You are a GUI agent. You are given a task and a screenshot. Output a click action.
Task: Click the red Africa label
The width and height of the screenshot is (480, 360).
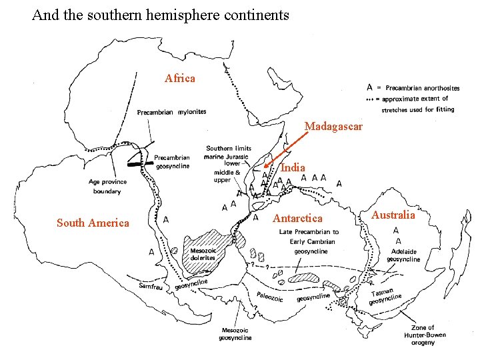180,79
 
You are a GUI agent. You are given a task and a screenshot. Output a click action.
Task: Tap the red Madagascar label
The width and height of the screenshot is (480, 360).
333,126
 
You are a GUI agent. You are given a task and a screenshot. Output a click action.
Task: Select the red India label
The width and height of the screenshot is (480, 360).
293,168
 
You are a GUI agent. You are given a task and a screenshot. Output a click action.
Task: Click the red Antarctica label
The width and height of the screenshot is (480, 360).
297,219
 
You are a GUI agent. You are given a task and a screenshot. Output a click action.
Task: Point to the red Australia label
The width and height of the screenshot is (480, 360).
393,215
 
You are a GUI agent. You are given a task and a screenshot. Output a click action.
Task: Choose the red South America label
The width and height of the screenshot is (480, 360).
93,223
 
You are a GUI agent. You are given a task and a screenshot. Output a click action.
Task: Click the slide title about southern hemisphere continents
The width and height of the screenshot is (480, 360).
161,14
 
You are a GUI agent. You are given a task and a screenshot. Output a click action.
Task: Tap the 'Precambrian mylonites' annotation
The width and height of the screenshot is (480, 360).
171,112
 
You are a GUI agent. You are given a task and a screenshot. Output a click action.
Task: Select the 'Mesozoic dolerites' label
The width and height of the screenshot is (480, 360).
203,254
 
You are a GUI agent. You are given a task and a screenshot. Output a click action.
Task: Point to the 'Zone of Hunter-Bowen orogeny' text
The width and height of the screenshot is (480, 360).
422,335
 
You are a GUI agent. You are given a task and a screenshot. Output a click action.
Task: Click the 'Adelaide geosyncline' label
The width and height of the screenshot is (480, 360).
403,255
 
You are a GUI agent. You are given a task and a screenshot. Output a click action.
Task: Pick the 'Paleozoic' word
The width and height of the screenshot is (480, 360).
270,297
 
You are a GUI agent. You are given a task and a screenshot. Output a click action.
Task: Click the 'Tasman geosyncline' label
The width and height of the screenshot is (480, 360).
387,295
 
